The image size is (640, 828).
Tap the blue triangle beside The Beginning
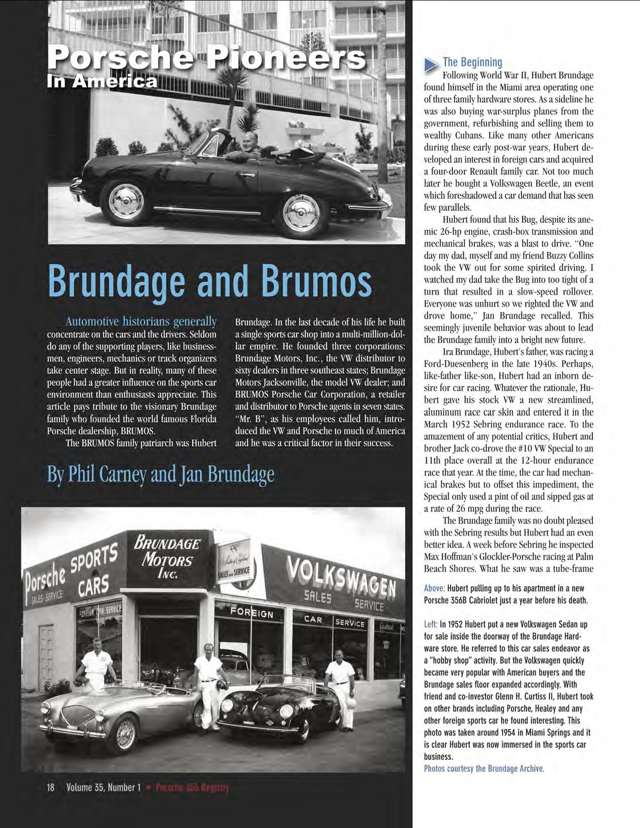[x=431, y=64]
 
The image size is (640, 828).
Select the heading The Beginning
[x=472, y=62]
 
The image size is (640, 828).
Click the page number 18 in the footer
[x=51, y=787]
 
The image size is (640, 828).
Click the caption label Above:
[x=434, y=588]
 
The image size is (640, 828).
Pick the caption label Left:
[x=431, y=625]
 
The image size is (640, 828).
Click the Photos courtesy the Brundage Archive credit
[x=484, y=768]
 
